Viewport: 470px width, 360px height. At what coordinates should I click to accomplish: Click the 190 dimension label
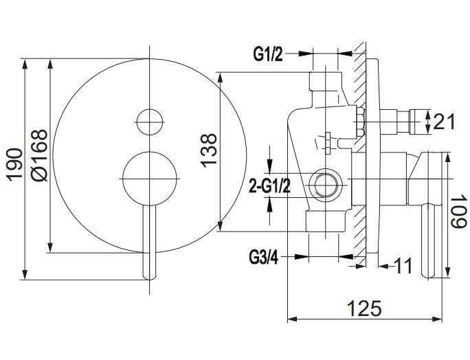(x=15, y=165)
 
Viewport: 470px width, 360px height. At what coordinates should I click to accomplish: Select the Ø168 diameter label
(x=40, y=155)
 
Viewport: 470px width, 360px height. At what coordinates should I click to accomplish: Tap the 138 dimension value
(x=209, y=150)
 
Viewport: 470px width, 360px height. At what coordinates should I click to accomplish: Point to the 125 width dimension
(x=364, y=308)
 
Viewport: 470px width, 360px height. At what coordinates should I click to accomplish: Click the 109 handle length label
(x=458, y=211)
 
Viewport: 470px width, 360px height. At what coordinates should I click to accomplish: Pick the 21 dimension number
(x=444, y=122)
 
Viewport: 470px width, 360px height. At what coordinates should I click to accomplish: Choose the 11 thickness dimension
(x=403, y=266)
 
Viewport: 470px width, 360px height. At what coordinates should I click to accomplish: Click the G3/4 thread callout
(x=263, y=258)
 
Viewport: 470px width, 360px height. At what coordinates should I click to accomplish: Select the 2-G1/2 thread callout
(x=270, y=186)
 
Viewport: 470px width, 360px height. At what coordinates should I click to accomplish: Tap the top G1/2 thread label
(x=268, y=54)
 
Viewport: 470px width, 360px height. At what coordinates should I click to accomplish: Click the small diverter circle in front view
(x=150, y=122)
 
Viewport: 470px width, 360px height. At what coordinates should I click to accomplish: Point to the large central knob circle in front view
(x=150, y=179)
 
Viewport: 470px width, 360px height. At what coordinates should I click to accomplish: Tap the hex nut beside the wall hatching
(x=359, y=122)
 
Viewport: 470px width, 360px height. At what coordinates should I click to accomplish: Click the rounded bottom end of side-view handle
(x=427, y=275)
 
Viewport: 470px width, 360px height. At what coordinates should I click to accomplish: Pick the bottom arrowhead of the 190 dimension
(x=25, y=275)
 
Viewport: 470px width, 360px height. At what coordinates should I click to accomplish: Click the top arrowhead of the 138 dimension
(x=220, y=78)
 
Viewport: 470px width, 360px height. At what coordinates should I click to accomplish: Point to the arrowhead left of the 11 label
(x=383, y=266)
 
